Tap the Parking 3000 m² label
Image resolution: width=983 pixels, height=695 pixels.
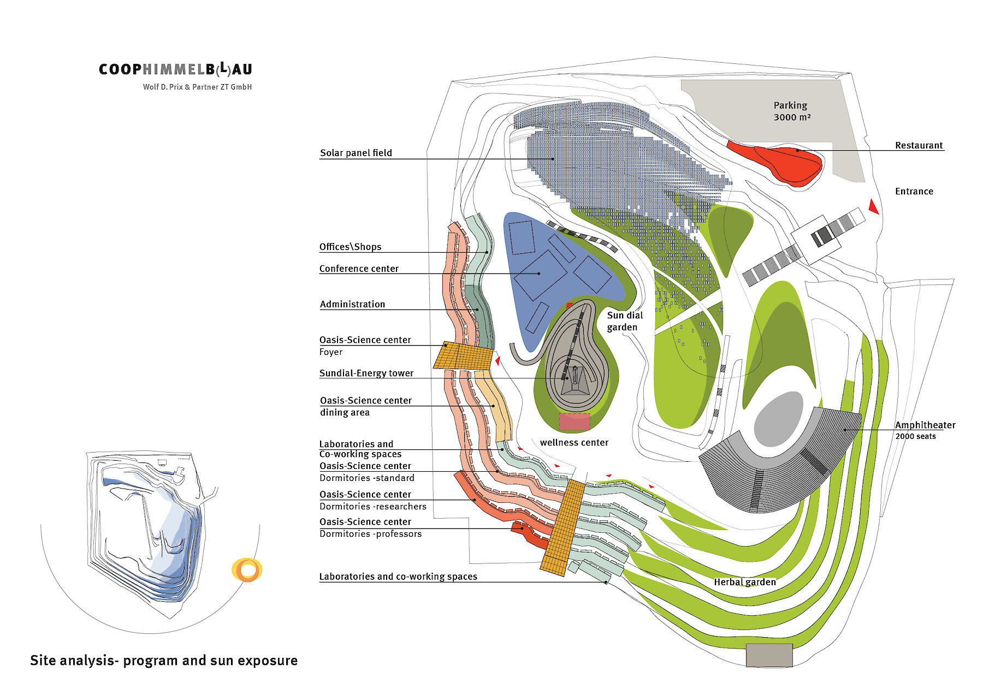coord(790,111)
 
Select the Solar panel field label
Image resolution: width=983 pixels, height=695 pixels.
coord(356,153)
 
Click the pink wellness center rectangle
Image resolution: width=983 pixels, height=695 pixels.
coord(575,421)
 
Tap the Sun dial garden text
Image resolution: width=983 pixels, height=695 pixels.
coord(624,321)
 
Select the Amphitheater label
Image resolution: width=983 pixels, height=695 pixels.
coord(925,425)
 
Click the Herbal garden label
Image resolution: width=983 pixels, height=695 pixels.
coord(744,582)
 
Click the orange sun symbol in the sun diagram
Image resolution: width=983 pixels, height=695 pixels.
coord(247,570)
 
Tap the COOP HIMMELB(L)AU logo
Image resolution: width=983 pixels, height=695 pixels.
coord(175,69)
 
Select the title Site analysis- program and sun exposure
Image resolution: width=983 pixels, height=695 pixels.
coord(164,660)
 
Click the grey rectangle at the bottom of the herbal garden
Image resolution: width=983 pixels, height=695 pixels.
coord(769,655)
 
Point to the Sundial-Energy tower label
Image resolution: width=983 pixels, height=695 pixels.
coord(366,373)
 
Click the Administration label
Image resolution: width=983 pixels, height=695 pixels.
coord(352,304)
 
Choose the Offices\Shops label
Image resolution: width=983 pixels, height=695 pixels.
coord(350,247)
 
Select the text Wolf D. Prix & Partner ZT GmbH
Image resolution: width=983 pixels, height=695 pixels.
coord(197,87)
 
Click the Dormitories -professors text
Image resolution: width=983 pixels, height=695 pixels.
coord(370,534)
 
